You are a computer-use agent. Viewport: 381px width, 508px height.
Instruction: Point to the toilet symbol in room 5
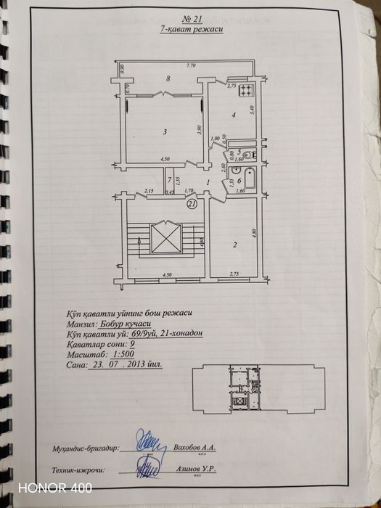(x=248, y=154)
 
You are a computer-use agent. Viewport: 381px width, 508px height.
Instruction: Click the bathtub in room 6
(x=250, y=179)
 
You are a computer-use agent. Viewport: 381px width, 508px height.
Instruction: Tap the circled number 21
(x=193, y=205)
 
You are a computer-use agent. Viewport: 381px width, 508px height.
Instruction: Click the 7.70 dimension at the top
(x=190, y=66)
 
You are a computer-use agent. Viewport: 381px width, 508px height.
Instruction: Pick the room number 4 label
(x=232, y=114)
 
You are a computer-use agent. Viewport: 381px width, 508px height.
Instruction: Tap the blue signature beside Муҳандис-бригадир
(x=152, y=441)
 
